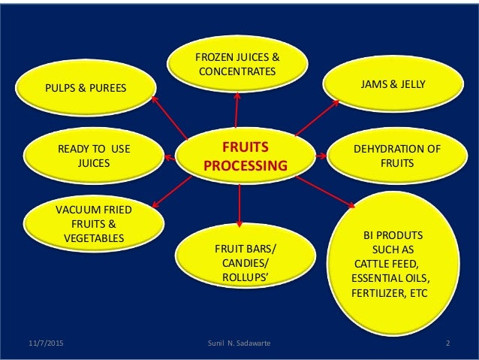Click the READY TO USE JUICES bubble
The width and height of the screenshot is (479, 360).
[x=94, y=155]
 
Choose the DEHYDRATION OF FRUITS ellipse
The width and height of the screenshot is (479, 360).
[x=391, y=155]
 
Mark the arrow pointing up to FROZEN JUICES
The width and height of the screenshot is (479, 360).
[x=236, y=113]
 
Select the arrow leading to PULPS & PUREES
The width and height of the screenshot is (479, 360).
[x=169, y=116]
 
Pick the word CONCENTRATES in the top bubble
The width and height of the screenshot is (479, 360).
[x=237, y=71]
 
